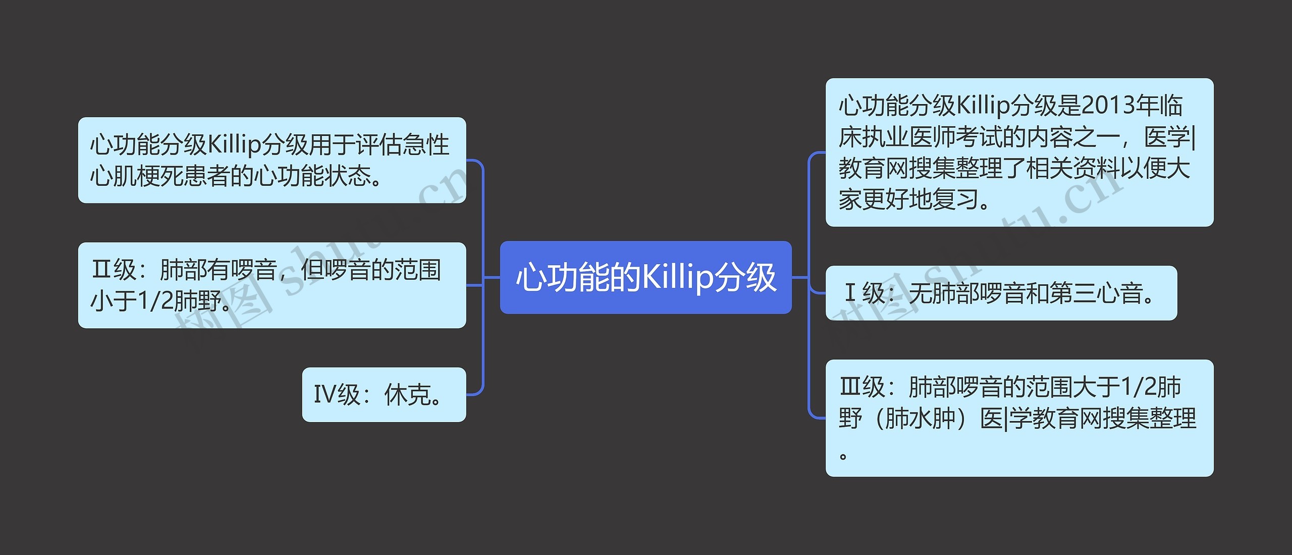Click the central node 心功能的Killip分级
(x=645, y=277)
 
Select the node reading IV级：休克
(x=384, y=394)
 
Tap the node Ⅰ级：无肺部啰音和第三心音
(x=1001, y=293)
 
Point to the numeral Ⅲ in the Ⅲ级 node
(x=849, y=387)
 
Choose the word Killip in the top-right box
(x=983, y=106)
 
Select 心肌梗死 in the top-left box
(x=137, y=176)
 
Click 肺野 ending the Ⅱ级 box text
(x=198, y=301)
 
